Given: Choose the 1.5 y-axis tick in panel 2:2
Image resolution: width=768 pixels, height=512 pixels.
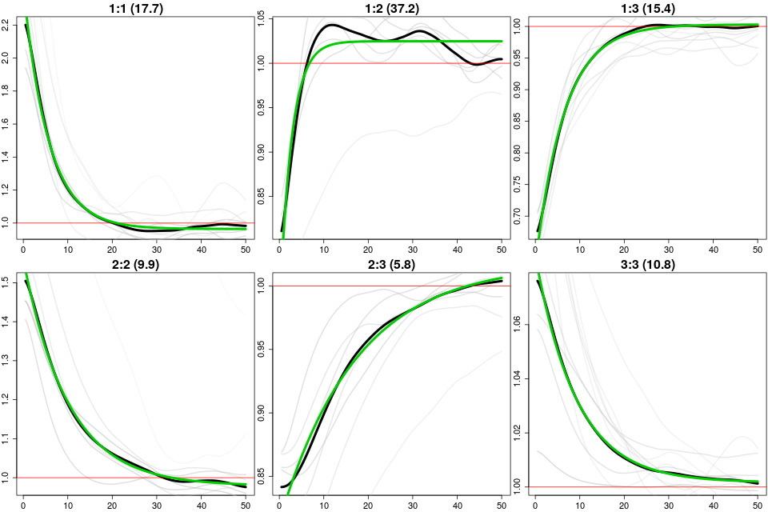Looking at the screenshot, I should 7,282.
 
